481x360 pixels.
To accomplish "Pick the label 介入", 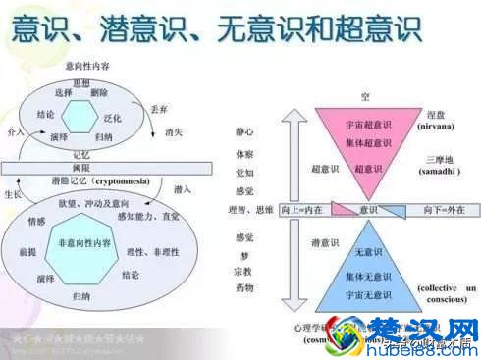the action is [15, 130].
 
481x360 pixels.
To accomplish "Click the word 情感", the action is [36, 221].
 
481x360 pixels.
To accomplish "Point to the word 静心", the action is [244, 130].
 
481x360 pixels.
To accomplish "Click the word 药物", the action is [244, 287].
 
